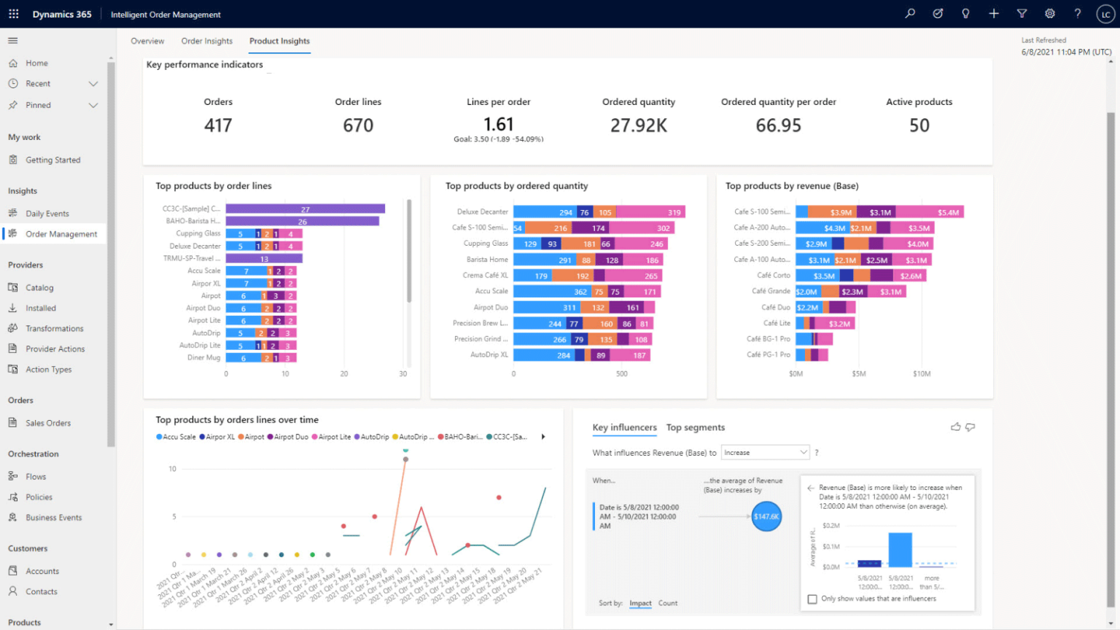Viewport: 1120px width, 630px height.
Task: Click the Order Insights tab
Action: click(x=206, y=41)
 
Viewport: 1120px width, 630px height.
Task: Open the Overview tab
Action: click(x=147, y=41)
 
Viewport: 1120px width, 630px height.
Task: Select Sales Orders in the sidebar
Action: click(x=48, y=423)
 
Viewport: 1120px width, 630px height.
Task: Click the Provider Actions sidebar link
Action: click(x=55, y=349)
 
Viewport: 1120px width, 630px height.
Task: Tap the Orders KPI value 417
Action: click(x=218, y=125)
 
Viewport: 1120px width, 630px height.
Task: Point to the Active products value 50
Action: click(x=919, y=125)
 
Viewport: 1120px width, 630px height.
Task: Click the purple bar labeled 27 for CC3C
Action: click(x=305, y=209)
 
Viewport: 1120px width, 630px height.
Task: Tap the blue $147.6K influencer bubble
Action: click(x=766, y=516)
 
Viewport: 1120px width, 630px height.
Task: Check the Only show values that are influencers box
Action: click(x=812, y=599)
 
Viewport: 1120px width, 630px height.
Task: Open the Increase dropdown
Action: click(x=765, y=453)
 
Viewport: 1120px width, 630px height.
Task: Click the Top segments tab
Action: click(x=695, y=427)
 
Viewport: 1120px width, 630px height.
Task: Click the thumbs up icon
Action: click(x=955, y=427)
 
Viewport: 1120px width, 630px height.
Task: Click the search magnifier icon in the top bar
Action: click(x=910, y=14)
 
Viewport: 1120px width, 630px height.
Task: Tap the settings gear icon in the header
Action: click(x=1049, y=14)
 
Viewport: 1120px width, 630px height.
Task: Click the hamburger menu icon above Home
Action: click(x=13, y=41)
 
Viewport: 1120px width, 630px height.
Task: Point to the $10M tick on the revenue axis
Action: click(x=922, y=374)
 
